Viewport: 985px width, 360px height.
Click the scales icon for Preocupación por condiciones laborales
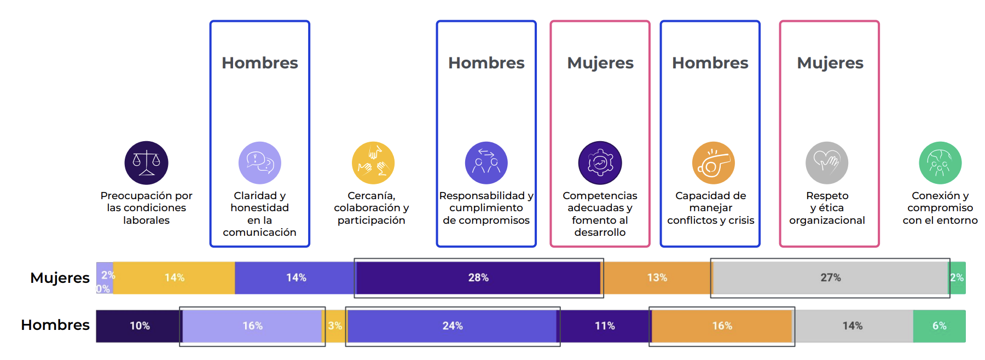pos(146,163)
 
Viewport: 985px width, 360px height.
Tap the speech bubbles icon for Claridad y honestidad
pos(259,163)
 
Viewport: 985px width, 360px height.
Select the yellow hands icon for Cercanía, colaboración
pos(373,163)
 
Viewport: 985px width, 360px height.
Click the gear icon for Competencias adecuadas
pos(600,163)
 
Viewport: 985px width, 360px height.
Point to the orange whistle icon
pos(713,163)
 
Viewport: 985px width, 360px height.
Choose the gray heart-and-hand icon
pos(826,163)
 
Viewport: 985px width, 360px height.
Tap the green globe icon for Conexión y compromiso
pos(940,163)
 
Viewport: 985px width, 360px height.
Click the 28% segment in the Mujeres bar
pos(478,278)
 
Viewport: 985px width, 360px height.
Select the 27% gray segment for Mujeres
pos(830,278)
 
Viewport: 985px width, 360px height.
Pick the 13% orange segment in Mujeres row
pos(657,278)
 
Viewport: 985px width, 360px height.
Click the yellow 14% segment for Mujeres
pos(174,278)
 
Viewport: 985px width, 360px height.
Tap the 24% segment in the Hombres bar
pos(452,326)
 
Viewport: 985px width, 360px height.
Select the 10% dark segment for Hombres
pos(139,326)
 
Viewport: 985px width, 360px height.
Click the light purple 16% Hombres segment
pos(252,326)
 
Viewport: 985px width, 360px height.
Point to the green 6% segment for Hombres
pos(939,326)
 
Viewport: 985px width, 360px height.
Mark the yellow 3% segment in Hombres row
pos(334,326)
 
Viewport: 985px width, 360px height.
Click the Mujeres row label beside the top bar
pos(60,278)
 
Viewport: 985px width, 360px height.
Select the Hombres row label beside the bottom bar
pos(55,325)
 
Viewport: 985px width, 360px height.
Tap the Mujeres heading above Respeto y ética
pos(830,63)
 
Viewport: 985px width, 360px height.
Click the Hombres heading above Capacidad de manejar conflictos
pos(710,63)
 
